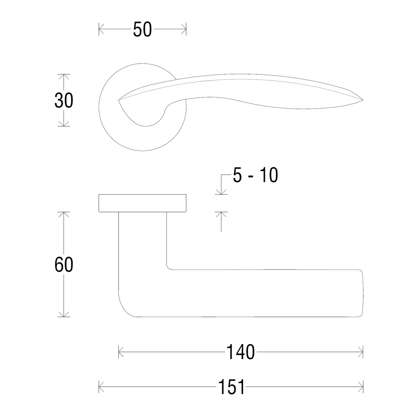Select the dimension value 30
tap(64, 100)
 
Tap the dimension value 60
tap(64, 265)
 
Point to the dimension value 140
tap(240, 352)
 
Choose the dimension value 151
tap(231, 387)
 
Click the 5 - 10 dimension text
tap(255, 175)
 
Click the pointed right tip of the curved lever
tap(363, 100)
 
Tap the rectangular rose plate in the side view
tap(142, 203)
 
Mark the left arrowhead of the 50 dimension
tap(101, 29)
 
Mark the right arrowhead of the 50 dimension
tap(183, 29)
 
